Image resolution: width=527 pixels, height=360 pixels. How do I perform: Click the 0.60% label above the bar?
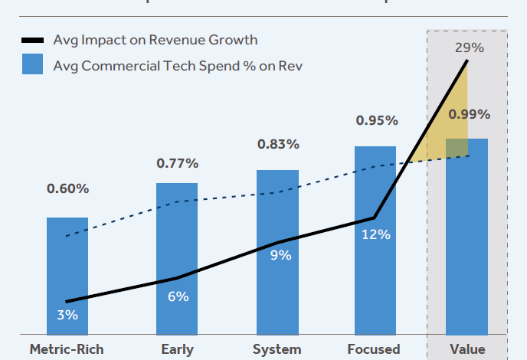[67, 188]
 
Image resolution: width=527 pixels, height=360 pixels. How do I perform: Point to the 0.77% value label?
[177, 163]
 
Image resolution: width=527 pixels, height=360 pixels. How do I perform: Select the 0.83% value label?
[277, 144]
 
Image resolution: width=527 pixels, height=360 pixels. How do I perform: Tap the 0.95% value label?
[376, 120]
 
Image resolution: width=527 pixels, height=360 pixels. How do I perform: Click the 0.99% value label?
[469, 114]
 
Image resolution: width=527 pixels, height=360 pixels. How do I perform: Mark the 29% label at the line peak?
[469, 47]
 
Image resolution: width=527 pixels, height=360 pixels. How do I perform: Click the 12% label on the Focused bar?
[376, 234]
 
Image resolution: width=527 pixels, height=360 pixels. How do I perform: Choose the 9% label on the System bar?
[280, 255]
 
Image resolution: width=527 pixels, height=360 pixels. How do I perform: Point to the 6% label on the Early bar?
[178, 296]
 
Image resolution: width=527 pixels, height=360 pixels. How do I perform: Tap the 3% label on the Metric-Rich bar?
[67, 315]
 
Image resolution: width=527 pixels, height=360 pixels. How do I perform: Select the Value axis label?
[467, 349]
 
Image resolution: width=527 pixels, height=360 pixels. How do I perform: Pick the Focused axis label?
[374, 349]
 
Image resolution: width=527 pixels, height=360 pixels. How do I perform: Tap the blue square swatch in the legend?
[33, 65]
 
